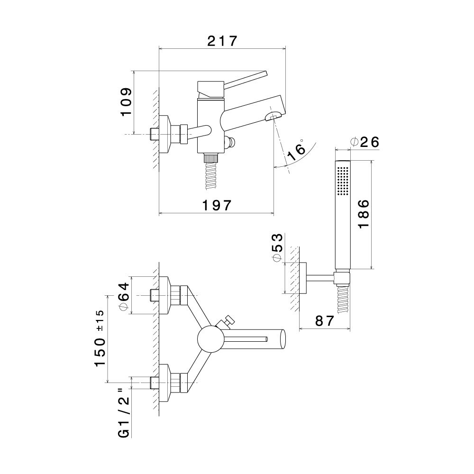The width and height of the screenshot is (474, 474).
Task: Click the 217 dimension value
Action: tap(222, 41)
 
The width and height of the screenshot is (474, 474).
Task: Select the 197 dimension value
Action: tap(217, 206)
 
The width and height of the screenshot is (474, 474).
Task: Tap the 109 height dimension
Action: tap(126, 101)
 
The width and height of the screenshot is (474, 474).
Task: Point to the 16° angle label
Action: tap(296, 151)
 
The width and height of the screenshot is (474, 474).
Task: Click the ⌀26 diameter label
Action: tap(365, 142)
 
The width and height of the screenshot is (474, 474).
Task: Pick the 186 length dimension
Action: tap(363, 214)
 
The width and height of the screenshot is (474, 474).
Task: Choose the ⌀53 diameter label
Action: tap(277, 247)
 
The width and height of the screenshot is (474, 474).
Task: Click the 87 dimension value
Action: tap(325, 321)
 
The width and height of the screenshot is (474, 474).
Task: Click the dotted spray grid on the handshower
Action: tap(342, 180)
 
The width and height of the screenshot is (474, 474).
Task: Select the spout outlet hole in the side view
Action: tap(273, 117)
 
